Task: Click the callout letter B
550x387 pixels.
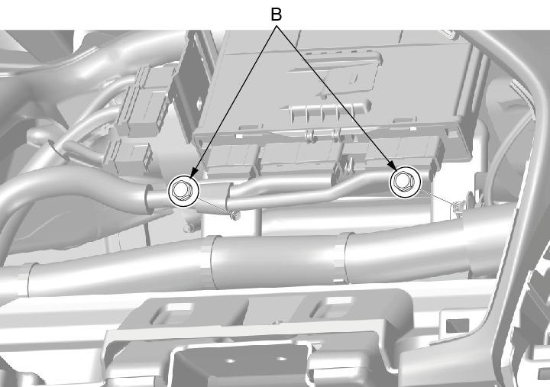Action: click(277, 15)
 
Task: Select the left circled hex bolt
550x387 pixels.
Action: click(183, 191)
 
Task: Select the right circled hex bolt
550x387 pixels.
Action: click(405, 182)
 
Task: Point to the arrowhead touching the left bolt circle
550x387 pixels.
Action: click(193, 173)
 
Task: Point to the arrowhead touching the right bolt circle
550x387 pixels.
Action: click(393, 164)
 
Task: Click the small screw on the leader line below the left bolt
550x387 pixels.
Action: click(235, 216)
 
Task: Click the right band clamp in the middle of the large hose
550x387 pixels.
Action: click(340, 258)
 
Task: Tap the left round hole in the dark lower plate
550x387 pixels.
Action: click(230, 360)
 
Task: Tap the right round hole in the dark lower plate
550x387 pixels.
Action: click(281, 359)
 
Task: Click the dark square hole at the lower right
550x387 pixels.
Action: click(458, 326)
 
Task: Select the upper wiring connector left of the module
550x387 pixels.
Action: click(146, 102)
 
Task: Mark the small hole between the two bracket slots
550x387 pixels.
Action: click(278, 321)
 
